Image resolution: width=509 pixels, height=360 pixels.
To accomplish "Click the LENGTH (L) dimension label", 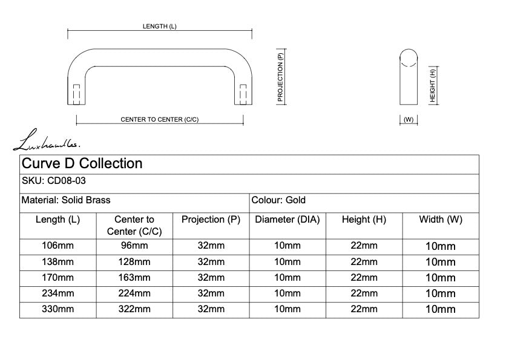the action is click(159, 26).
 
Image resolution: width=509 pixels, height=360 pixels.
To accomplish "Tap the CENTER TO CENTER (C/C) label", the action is click(159, 119).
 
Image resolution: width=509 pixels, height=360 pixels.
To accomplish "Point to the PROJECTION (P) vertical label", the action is click(280, 77).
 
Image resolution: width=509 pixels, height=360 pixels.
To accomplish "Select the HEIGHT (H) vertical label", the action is click(432, 86).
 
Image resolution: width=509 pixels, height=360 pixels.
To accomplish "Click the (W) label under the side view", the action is click(409, 119).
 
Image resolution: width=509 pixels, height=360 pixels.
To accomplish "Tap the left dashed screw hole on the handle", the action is click(76, 94).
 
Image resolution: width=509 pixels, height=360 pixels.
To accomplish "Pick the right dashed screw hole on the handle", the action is click(243, 94).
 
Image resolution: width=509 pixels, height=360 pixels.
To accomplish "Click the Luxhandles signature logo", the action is click(46, 140).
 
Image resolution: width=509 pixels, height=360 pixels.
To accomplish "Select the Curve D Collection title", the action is click(82, 163).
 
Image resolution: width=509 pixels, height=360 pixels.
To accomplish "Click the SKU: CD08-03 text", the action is click(53, 180).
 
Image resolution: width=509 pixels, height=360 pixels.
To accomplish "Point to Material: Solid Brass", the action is click(66, 200).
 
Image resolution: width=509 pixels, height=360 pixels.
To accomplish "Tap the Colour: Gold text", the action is click(278, 200).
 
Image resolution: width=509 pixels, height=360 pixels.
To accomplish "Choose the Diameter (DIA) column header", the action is click(287, 220).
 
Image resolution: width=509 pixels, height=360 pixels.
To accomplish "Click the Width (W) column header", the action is click(441, 220).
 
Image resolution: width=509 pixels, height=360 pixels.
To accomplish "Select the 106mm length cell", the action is click(57, 246).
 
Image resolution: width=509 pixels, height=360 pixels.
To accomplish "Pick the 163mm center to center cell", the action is click(134, 278).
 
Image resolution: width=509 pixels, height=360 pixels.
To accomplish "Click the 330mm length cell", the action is click(57, 309).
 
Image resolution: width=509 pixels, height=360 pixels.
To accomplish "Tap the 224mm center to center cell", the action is click(134, 293).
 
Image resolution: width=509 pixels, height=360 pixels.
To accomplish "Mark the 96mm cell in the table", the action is click(134, 246).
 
